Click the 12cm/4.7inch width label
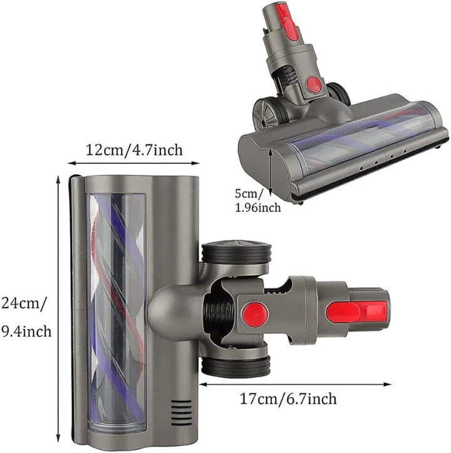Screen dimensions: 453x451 pyautogui.click(x=133, y=150)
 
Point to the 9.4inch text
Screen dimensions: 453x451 pyautogui.click(x=26, y=330)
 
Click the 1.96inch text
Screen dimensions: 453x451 pyautogui.click(x=256, y=207)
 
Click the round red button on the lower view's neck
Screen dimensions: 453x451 pyautogui.click(x=255, y=313)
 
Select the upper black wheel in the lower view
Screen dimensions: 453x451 pyautogui.click(x=236, y=253)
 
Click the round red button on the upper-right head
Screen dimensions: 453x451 pyautogui.click(x=314, y=84)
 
